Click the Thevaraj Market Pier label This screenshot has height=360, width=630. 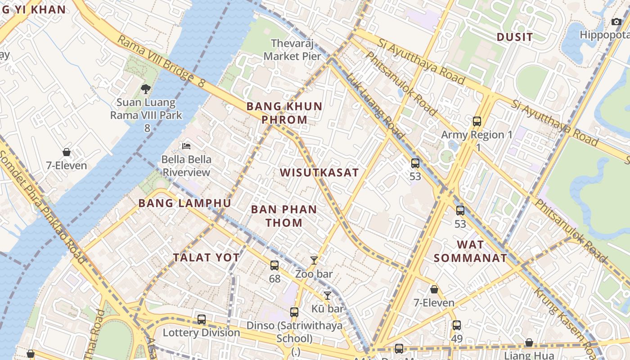tap(292, 50)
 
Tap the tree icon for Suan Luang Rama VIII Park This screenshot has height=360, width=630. tap(145, 89)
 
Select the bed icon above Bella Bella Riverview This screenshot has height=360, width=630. tap(186, 146)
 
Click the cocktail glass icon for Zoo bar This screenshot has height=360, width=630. tap(314, 260)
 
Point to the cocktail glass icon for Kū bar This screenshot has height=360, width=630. tap(328, 295)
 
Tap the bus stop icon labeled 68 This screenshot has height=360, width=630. tap(274, 265)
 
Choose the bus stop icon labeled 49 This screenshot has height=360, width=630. tap(457, 325)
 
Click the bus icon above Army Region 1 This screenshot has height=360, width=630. tap(477, 121)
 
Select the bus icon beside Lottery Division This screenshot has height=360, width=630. tap(202, 319)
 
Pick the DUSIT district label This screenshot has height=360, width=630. tap(514, 37)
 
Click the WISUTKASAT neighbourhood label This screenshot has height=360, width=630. tap(319, 173)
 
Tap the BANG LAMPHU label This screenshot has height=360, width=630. tap(184, 203)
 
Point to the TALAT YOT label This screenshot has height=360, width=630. tap(207, 257)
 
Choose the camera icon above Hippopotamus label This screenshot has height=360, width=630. tap(616, 22)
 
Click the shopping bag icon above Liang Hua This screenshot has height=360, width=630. tap(529, 343)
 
